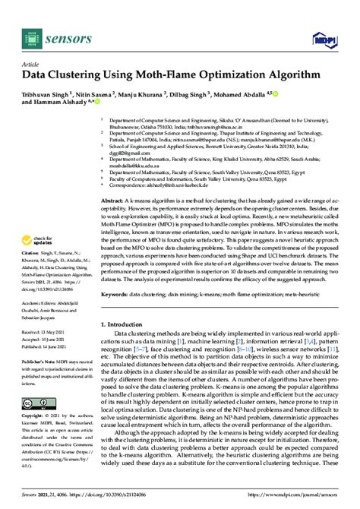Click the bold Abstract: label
click(x=115, y=198)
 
